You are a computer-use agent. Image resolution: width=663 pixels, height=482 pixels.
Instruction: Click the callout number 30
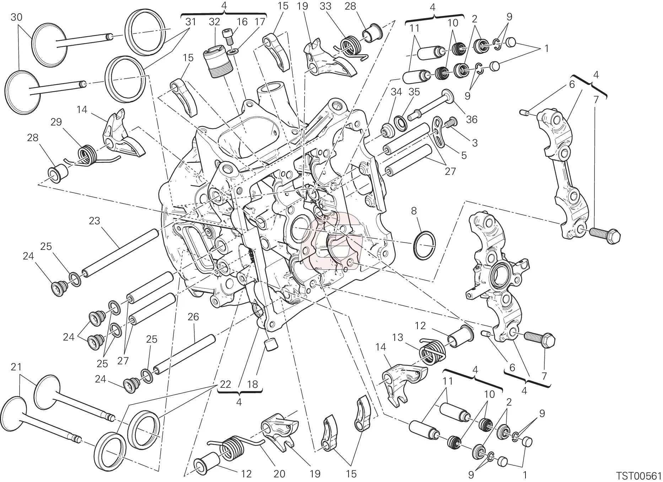point(17,17)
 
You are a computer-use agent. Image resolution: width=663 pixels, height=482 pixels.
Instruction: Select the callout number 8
point(414,211)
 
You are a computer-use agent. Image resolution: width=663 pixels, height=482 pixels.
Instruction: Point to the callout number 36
point(472,119)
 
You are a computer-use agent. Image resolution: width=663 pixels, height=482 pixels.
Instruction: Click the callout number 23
point(95,221)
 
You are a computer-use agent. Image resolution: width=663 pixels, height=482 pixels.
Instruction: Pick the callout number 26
point(193,317)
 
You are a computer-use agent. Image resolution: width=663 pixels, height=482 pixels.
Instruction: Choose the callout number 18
point(252,384)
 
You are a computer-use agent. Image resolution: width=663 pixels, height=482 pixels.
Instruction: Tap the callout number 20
point(280,473)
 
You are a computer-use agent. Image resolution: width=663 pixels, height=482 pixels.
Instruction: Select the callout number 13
point(398,337)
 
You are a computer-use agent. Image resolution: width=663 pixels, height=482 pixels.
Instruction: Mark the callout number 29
point(56,122)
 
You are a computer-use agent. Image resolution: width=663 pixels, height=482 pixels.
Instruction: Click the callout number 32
point(214,22)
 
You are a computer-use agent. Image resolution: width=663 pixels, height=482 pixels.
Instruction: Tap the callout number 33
point(325,6)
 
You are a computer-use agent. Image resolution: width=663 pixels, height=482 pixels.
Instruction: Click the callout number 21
point(16,367)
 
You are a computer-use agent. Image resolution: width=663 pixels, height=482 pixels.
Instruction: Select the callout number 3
point(475,143)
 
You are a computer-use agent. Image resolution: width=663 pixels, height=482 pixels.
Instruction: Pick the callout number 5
point(464,155)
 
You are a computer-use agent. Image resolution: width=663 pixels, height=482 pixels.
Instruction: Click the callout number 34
point(397,92)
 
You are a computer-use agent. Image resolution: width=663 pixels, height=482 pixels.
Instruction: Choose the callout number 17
point(260,22)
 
